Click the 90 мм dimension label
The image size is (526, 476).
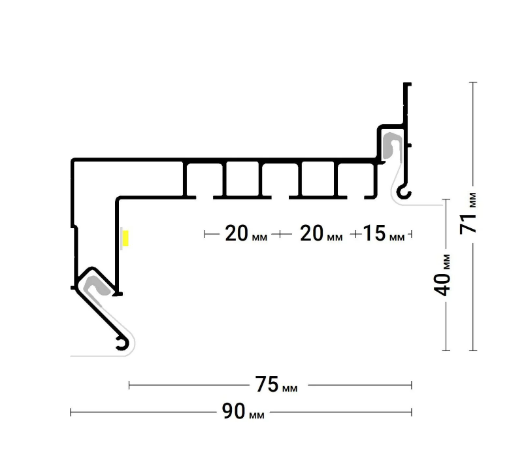[243, 411]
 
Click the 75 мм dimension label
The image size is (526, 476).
[276, 384]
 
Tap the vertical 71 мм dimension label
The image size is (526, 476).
[468, 214]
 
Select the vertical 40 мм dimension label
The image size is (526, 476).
[442, 275]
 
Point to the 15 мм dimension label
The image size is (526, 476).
[384, 233]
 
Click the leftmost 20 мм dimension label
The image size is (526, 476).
[246, 233]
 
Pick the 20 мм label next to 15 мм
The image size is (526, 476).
[321, 233]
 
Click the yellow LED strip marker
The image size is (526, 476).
[125, 238]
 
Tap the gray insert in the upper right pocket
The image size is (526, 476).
[391, 145]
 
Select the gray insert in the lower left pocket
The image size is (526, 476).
[96, 286]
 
